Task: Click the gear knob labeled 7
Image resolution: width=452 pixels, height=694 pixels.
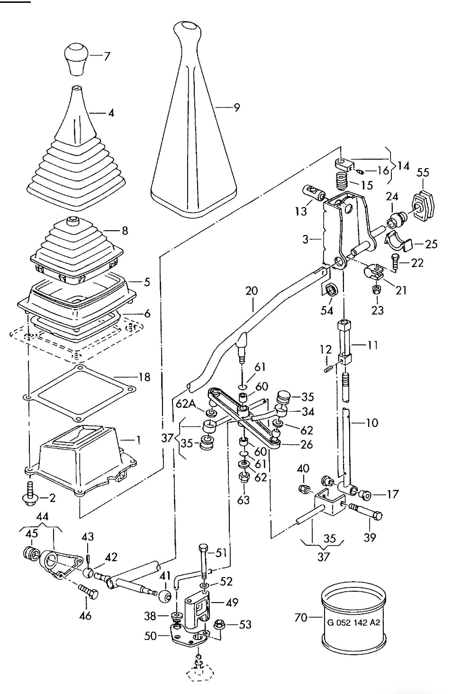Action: click(x=76, y=59)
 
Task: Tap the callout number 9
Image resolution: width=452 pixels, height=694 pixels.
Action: click(x=237, y=108)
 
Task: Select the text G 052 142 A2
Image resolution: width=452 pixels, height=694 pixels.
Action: click(x=353, y=622)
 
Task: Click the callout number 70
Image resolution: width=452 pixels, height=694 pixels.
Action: click(x=301, y=618)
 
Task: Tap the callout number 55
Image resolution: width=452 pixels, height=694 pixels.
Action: click(x=423, y=172)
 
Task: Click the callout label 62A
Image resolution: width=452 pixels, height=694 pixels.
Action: click(x=187, y=404)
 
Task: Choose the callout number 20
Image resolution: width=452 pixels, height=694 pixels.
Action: click(x=252, y=291)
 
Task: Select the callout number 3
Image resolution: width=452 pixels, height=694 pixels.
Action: click(x=306, y=239)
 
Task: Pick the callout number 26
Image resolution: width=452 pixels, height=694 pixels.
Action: click(x=307, y=445)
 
